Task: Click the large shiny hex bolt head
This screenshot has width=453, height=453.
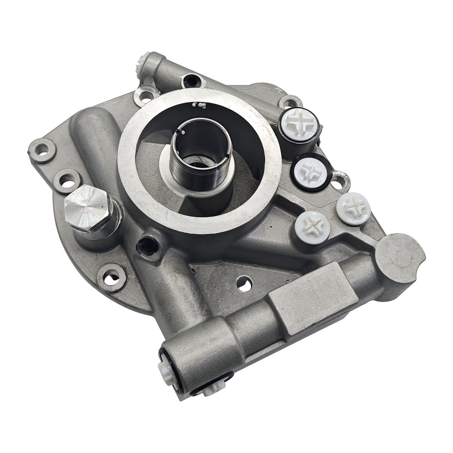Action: [86, 206]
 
